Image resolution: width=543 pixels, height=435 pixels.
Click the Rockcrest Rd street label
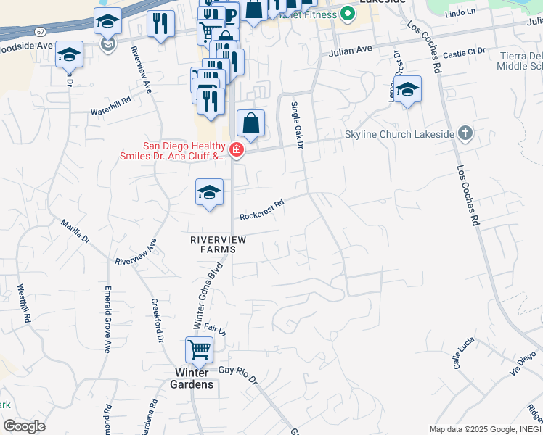click(261, 210)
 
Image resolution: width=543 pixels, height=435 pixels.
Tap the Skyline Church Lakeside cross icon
click(466, 134)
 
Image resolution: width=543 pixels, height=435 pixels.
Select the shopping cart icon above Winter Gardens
click(199, 350)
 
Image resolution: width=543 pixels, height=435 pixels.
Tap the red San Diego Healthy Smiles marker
click(236, 151)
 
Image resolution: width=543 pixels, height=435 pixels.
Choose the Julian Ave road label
click(350, 51)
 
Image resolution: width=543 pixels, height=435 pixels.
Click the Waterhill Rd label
click(110, 106)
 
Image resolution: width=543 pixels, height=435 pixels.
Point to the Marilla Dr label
click(75, 231)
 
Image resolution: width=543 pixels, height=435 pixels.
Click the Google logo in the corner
click(25, 426)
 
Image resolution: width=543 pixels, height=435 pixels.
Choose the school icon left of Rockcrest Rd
click(209, 193)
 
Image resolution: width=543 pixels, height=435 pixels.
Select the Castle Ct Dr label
click(464, 52)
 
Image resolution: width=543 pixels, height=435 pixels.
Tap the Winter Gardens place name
click(194, 378)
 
